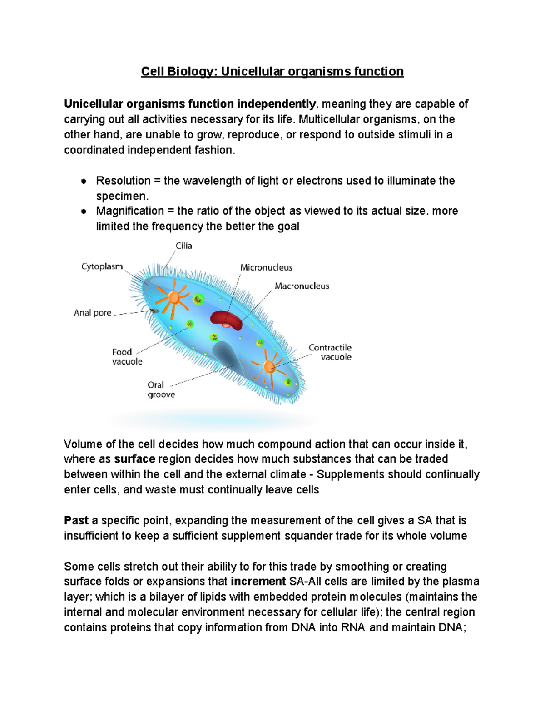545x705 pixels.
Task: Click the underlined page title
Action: tap(272, 72)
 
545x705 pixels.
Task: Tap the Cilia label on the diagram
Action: tap(184, 246)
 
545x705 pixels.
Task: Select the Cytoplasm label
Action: tap(102, 266)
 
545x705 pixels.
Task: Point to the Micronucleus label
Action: tap(266, 267)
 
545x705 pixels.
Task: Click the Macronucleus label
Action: tap(302, 286)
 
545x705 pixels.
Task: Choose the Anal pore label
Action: tap(92, 313)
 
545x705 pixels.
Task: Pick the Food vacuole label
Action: tap(127, 356)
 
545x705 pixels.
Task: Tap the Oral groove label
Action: tap(161, 389)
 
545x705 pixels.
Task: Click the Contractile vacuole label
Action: tap(330, 352)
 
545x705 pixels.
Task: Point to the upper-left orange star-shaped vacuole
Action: tap(173, 298)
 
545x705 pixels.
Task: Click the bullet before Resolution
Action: tap(84, 181)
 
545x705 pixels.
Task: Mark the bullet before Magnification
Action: tap(84, 212)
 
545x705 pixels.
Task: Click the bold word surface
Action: tap(135, 459)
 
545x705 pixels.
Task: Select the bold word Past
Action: tap(76, 520)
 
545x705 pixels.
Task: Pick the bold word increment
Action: tap(258, 582)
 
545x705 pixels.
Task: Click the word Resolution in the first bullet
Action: tap(123, 181)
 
